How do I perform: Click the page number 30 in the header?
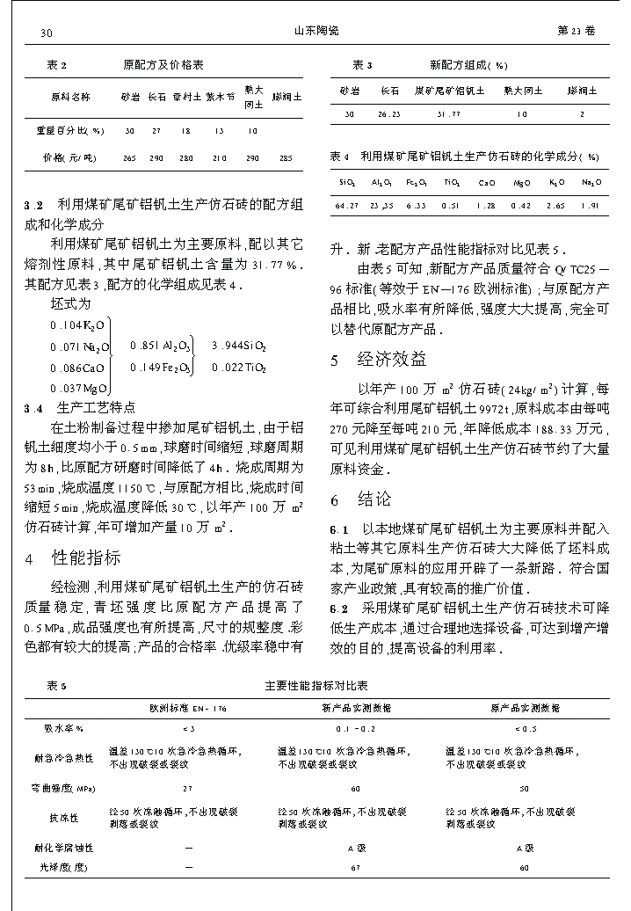[47, 32]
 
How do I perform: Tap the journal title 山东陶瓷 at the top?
[315, 31]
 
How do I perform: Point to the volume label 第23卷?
[577, 31]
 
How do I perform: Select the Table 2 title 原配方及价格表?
[163, 65]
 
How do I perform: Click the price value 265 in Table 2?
[129, 158]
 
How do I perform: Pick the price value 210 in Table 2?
[220, 158]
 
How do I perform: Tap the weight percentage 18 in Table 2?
[185, 131]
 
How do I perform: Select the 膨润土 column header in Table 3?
[582, 90]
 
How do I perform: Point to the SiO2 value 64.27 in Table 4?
[347, 206]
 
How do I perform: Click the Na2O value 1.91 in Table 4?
[591, 206]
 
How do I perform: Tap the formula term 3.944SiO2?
[238, 346]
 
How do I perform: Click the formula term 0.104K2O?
[78, 325]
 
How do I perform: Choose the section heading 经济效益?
[392, 359]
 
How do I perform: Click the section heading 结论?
[374, 499]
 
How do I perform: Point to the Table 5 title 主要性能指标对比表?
[329, 685]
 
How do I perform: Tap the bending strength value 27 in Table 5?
[187, 789]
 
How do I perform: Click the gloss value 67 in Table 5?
[355, 867]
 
